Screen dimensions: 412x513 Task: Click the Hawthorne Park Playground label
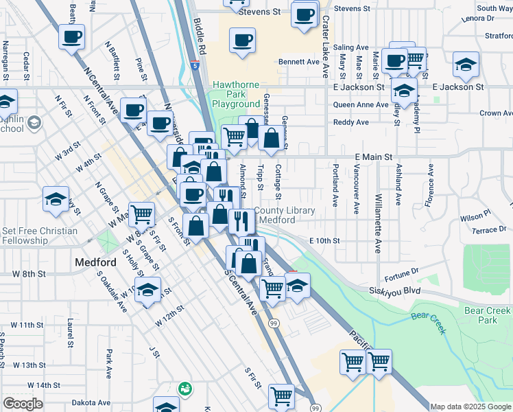(x=235, y=95)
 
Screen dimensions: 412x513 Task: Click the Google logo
(x=23, y=404)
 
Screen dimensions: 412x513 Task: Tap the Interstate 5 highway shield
(x=196, y=66)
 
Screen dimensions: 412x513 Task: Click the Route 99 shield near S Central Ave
(x=273, y=323)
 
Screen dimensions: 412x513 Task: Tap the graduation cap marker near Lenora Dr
(x=466, y=66)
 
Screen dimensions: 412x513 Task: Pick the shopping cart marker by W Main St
(x=141, y=214)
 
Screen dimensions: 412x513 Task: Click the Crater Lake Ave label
(x=326, y=38)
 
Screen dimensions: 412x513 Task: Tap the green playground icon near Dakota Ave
(x=184, y=389)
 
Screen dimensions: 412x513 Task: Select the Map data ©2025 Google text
(x=471, y=407)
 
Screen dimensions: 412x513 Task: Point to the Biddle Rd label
(x=199, y=38)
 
